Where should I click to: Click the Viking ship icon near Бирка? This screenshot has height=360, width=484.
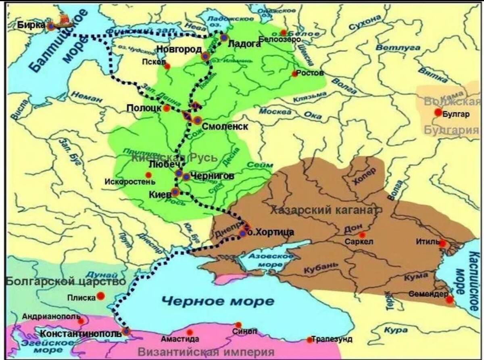pyautogui.click(x=63, y=20)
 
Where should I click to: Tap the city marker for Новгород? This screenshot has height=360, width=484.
pyautogui.click(x=205, y=57)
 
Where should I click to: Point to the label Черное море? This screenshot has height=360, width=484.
pyautogui.click(x=218, y=301)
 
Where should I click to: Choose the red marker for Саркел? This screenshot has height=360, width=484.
pyautogui.click(x=362, y=235)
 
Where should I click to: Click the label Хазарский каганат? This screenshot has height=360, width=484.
pyautogui.click(x=325, y=210)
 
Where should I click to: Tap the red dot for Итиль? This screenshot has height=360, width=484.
pyautogui.click(x=442, y=244)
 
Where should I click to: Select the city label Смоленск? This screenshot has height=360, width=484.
pyautogui.click(x=225, y=126)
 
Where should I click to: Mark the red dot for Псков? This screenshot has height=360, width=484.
pyautogui.click(x=167, y=66)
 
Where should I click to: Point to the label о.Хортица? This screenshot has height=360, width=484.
pyautogui.click(x=270, y=232)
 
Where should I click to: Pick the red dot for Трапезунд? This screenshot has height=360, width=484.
pyautogui.click(x=309, y=340)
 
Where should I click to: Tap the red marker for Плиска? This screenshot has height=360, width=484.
pyautogui.click(x=101, y=296)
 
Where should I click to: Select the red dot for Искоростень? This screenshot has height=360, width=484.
pyautogui.click(x=148, y=175)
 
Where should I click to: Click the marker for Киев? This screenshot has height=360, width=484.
pyautogui.click(x=175, y=192)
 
